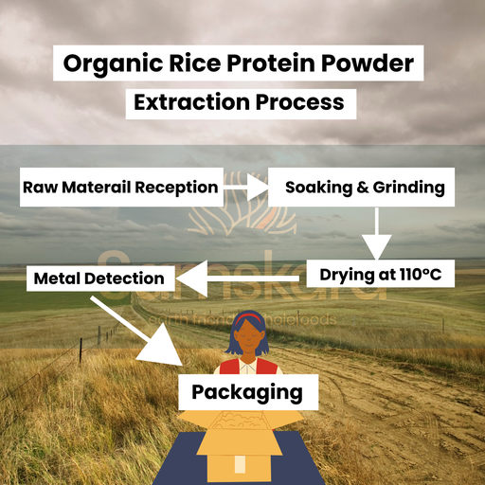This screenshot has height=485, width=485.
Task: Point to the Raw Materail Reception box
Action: [x=120, y=187]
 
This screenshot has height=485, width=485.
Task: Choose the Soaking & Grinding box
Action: [x=361, y=187]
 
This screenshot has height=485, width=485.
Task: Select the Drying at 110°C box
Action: [x=381, y=276]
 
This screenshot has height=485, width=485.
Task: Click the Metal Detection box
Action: [x=99, y=278]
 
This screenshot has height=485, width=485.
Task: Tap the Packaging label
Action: [x=248, y=391]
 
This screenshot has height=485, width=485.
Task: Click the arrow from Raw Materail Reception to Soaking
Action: [x=244, y=188]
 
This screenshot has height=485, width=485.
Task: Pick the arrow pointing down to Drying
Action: [x=378, y=231]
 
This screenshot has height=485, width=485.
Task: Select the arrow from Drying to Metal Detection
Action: [x=242, y=278]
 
